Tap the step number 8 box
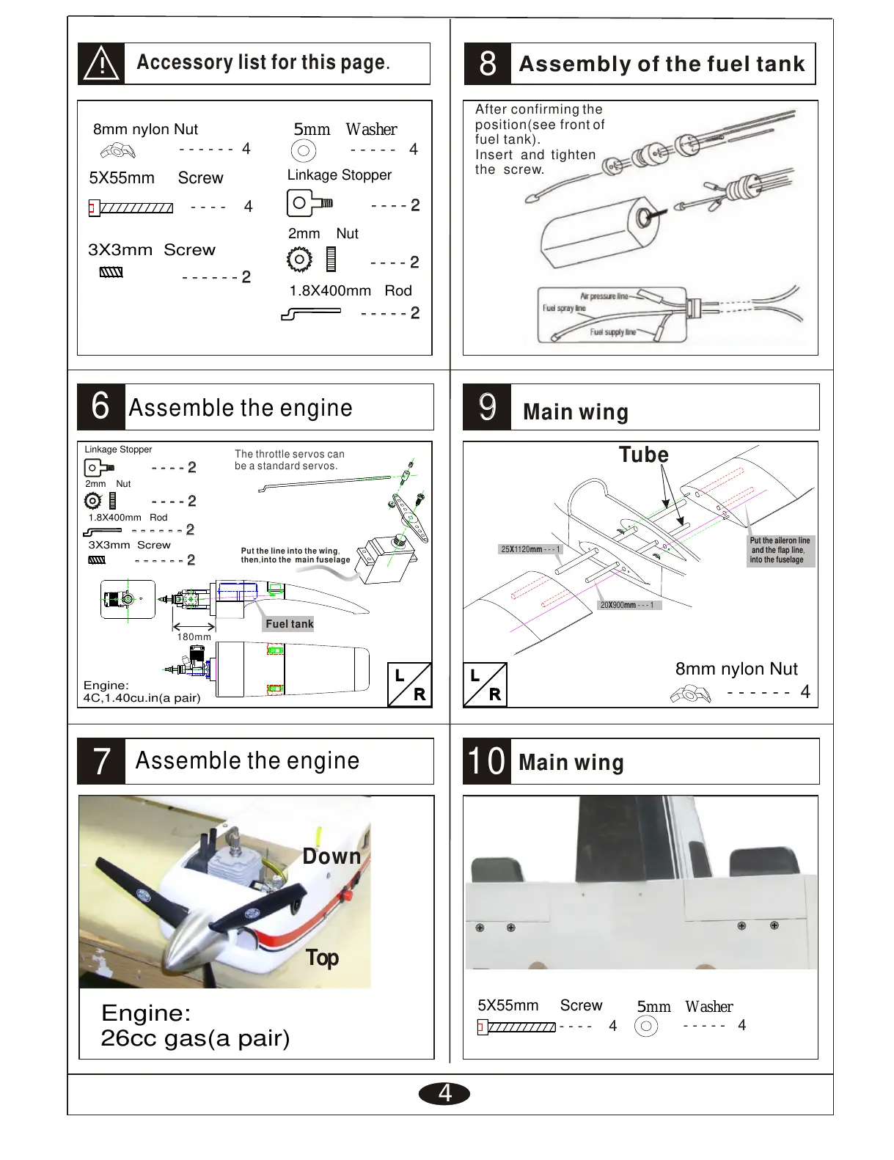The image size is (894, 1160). pos(488,64)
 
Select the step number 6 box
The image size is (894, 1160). pos(101,407)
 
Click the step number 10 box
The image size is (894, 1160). pos(486,761)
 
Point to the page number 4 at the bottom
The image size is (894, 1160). pos(444,1093)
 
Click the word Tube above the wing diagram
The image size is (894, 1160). pos(643,455)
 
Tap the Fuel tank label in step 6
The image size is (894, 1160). pos(289,624)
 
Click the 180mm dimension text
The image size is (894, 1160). pos(194,637)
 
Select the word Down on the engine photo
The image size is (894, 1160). pos(331,856)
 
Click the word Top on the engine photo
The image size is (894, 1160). pos(322,958)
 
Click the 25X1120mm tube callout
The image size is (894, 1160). pos(530,549)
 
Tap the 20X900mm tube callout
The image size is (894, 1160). pos(627,605)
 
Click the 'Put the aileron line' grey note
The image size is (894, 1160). pos(779,550)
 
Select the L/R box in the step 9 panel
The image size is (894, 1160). pos(485,685)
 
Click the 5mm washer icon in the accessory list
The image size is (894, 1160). pos(303,151)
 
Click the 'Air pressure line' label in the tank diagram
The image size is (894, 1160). pos(604,296)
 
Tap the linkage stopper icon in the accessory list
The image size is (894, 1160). pos(309,203)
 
